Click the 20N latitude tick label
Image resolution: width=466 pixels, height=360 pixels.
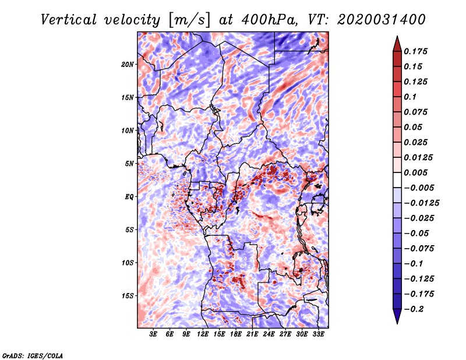pos(128,64)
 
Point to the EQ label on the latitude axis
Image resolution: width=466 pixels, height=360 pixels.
pos(129,197)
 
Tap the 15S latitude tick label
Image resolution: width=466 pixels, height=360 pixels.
pos(128,296)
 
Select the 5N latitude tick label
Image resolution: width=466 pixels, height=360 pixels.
pos(129,164)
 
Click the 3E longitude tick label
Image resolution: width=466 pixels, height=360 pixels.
pos(153,334)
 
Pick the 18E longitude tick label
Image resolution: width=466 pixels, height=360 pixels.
pos(235,334)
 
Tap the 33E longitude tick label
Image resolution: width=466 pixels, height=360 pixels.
pos(318,334)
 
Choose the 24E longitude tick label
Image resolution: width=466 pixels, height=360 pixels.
pos(269,334)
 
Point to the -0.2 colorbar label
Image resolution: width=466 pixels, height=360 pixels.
pos(416,309)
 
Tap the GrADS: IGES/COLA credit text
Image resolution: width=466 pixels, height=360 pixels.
pos(32,355)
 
